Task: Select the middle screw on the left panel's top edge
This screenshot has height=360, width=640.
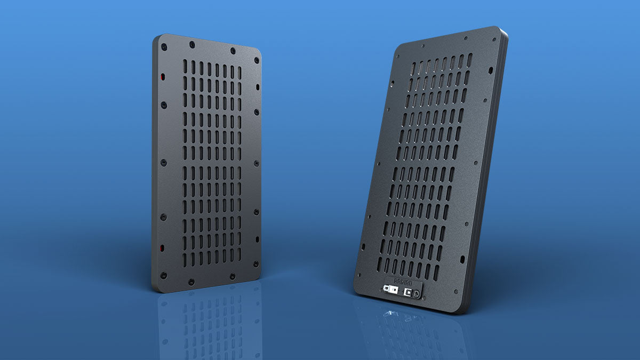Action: tap(233, 51)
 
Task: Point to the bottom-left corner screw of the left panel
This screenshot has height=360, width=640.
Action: tap(163, 276)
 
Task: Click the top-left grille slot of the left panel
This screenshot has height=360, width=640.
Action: tap(185, 67)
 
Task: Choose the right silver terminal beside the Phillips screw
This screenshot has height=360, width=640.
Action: tap(409, 292)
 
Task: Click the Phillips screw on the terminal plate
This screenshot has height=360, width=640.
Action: tap(415, 292)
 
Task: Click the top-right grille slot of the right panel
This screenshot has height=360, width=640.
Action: tap(470, 60)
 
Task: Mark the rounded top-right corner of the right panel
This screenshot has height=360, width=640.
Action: tap(500, 30)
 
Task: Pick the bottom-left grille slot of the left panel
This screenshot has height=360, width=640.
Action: tap(185, 260)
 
